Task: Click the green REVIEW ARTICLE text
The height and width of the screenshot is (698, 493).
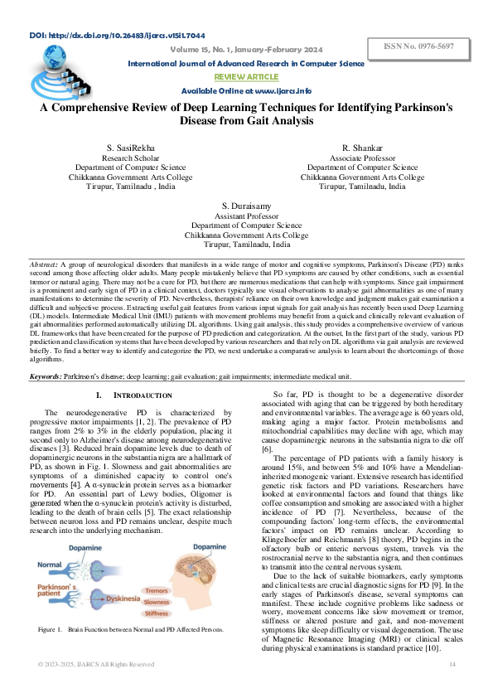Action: [246, 75]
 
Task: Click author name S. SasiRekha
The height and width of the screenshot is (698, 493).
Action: [132, 147]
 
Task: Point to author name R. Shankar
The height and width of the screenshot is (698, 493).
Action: [362, 147]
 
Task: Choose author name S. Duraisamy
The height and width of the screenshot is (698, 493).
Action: [246, 205]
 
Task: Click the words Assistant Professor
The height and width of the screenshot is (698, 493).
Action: [246, 215]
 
